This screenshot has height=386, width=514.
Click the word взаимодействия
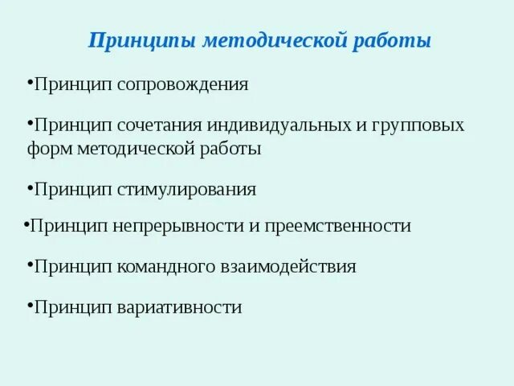288,266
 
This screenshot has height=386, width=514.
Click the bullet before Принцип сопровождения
30,81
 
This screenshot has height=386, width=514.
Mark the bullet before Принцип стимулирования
30,187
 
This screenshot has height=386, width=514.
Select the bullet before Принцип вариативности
30,304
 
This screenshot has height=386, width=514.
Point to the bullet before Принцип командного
30,263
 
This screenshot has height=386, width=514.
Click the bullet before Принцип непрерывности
26,223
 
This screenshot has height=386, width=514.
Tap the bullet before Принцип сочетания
30,123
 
